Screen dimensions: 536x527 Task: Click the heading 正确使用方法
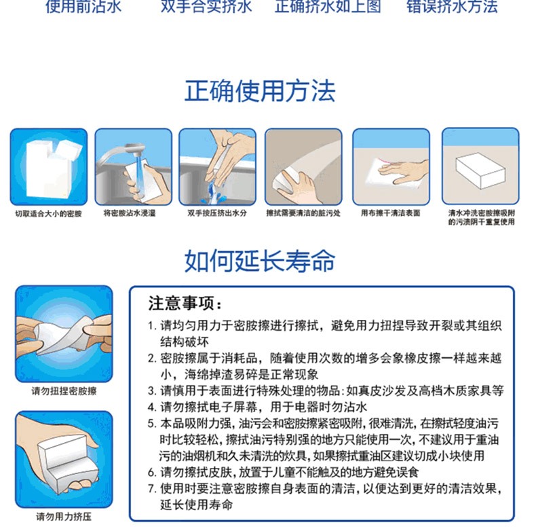tap(260, 91)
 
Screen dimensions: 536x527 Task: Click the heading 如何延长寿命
tap(260, 261)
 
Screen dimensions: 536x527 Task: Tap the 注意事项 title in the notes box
tap(185, 303)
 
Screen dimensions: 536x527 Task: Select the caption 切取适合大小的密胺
tap(49, 214)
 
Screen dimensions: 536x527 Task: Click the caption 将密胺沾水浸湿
tap(130, 213)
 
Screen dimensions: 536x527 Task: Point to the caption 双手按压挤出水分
tap(217, 213)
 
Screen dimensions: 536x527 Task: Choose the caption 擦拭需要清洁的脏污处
tap(303, 213)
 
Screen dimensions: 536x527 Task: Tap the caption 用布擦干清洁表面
tap(391, 213)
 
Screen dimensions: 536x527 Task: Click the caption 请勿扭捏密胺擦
tap(64, 391)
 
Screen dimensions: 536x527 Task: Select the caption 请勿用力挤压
tap(64, 517)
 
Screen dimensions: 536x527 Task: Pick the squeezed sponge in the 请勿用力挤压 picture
tap(66, 462)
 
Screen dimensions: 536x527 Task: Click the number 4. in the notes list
tap(152, 407)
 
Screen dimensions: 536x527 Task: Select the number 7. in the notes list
tap(152, 489)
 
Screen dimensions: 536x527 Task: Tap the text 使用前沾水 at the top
tap(83, 7)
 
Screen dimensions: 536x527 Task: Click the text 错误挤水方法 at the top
tap(452, 7)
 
